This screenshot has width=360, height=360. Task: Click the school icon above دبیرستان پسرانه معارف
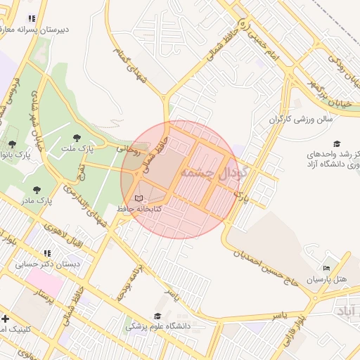pos(31,19)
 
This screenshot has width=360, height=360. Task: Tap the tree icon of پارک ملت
pos(77,138)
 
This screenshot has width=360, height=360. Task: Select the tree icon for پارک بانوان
pos(12,143)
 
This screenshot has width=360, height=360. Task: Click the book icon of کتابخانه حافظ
pos(139,199)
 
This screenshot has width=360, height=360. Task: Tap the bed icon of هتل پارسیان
pos(325,269)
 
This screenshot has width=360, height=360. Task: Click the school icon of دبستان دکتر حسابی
pos(47,253)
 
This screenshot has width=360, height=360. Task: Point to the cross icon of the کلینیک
pos(6,319)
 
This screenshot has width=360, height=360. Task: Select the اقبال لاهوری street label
pos(63,233)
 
